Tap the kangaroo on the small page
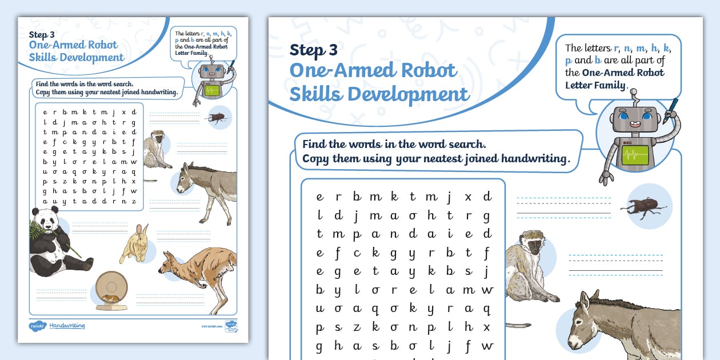click(x=198, y=274)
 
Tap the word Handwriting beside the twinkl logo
click(x=67, y=326)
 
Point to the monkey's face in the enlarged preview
click(x=533, y=246)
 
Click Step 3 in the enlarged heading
click(x=313, y=50)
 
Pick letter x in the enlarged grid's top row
click(x=468, y=197)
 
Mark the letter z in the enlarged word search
click(x=357, y=327)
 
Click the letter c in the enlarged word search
click(x=357, y=253)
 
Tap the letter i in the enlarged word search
click(x=450, y=234)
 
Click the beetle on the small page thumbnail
click(x=218, y=118)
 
